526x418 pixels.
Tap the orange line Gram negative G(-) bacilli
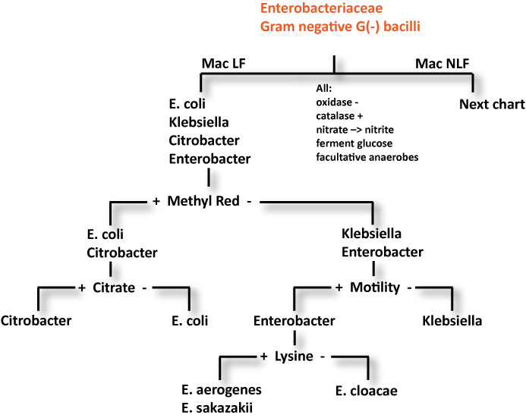340,27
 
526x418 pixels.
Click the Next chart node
492,104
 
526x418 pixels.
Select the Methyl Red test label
203,201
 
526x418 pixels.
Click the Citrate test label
114,288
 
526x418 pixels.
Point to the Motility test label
375,288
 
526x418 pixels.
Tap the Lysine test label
294,356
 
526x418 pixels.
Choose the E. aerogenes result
222,390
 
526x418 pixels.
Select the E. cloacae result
366,391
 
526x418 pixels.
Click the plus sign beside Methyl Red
156,201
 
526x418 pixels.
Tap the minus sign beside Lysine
323,356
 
